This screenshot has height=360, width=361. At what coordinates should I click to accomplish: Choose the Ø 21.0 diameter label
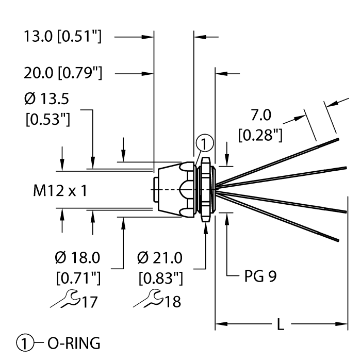[161, 257]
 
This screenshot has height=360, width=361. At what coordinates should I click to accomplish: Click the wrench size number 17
[90, 301]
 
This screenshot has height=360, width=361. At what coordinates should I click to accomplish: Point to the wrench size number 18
[173, 301]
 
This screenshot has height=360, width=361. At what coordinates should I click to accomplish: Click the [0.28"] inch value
[260, 136]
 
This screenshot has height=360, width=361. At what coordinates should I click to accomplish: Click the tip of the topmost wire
[338, 139]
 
